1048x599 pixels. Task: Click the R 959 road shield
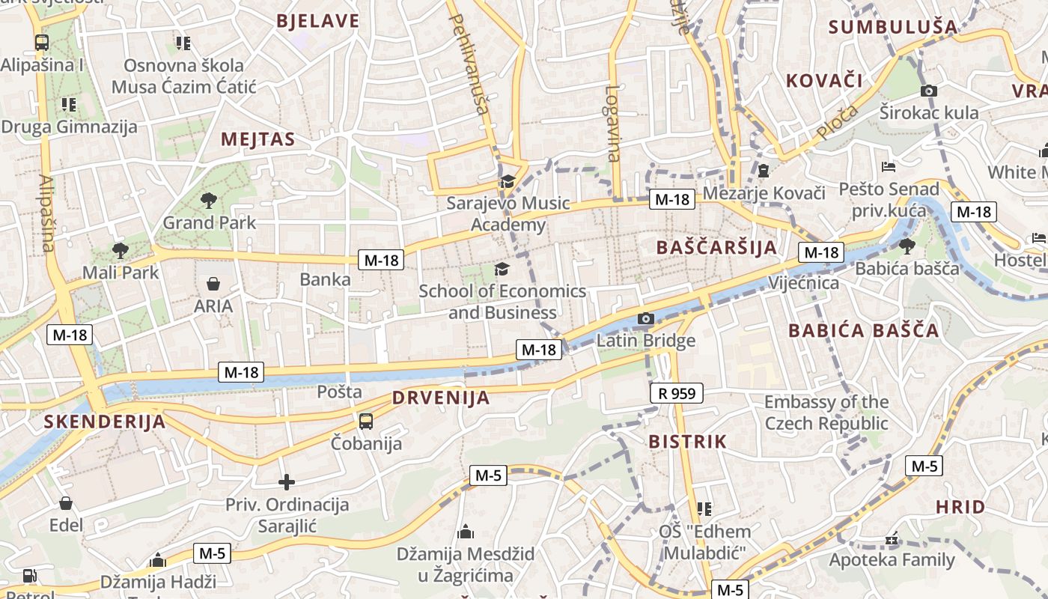point(677,393)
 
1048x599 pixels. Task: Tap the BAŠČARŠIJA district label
point(716,248)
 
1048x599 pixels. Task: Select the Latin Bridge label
point(645,341)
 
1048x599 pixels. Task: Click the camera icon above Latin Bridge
point(645,319)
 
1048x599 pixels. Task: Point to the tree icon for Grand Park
point(209,200)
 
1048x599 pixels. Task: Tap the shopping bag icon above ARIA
point(213,284)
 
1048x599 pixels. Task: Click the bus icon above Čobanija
point(366,421)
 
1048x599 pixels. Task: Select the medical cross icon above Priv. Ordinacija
point(287,482)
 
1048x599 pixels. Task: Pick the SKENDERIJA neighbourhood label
point(104,422)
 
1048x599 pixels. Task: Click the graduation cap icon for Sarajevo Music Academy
point(508,181)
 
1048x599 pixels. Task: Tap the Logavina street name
point(612,124)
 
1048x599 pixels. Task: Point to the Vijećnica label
point(804,284)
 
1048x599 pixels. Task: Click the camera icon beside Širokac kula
point(929,91)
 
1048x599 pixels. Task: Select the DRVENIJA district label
point(441,398)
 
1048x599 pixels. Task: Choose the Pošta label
point(339,392)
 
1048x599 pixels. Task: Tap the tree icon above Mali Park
point(120,250)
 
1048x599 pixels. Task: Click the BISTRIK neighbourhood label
point(687,441)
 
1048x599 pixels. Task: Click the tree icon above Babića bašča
point(907,246)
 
